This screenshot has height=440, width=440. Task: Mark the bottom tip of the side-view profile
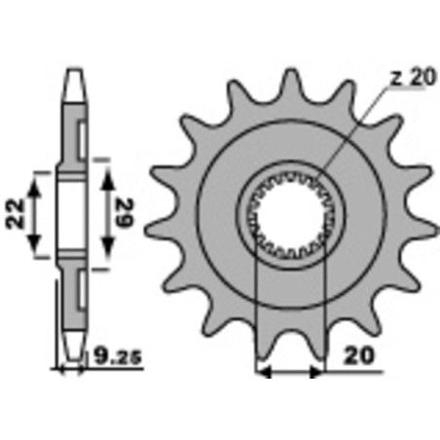click(x=74, y=352)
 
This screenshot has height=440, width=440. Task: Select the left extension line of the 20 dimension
click(x=255, y=312)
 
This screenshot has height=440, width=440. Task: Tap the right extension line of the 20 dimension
click(x=321, y=312)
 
